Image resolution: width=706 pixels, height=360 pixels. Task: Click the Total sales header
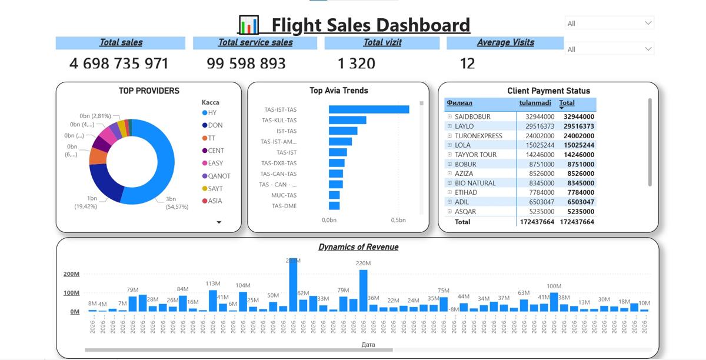pyautogui.click(x=121, y=42)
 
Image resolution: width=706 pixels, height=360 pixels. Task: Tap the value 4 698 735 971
pyautogui.click(x=119, y=64)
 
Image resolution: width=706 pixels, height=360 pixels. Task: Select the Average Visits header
pyautogui.click(x=505, y=42)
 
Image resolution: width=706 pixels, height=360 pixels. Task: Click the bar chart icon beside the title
pyautogui.click(x=249, y=25)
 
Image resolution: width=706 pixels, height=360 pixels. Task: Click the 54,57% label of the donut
pyautogui.click(x=177, y=207)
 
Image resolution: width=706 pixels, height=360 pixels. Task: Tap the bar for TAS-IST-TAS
pyautogui.click(x=369, y=109)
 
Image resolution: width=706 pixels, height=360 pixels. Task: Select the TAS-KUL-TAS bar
pyautogui.click(x=347, y=120)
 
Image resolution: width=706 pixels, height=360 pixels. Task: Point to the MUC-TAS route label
pyautogui.click(x=284, y=195)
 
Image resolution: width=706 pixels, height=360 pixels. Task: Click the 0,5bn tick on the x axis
pyautogui.click(x=398, y=220)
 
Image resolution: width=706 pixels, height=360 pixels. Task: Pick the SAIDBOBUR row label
pyautogui.click(x=472, y=117)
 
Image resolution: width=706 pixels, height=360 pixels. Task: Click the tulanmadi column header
pyautogui.click(x=535, y=103)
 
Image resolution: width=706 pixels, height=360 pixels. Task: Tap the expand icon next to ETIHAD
pyautogui.click(x=449, y=192)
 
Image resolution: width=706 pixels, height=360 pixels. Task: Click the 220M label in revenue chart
pyautogui.click(x=363, y=264)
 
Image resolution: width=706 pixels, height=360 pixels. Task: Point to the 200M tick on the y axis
pyautogui.click(x=71, y=274)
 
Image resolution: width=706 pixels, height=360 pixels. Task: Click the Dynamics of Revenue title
pyautogui.click(x=358, y=247)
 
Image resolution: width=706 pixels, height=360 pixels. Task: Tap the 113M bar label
pyautogui.click(x=213, y=284)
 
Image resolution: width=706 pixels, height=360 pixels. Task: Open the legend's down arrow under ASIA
pyautogui.click(x=219, y=222)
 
